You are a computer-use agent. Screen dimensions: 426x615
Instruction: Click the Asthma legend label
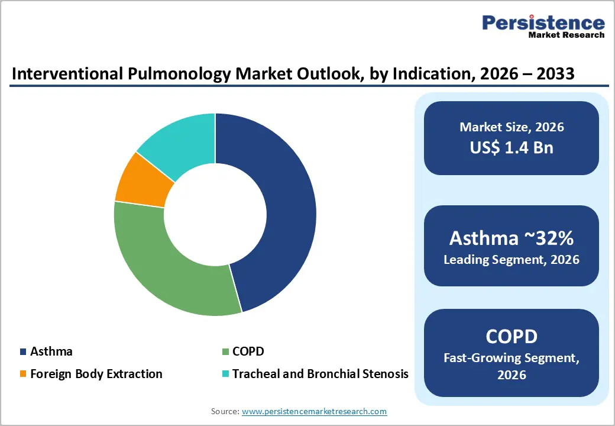click(51, 351)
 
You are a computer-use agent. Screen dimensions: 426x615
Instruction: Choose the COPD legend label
click(248, 351)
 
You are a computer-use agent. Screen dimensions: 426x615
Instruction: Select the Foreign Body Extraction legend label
click(96, 374)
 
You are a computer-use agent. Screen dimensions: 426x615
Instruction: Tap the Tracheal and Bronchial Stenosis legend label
click(320, 374)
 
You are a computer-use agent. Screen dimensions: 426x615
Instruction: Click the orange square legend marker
click(23, 374)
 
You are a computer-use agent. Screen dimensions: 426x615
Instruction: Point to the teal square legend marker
click(225, 374)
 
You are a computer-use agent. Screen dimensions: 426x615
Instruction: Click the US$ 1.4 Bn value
click(512, 147)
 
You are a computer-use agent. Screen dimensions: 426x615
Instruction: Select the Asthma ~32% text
click(512, 238)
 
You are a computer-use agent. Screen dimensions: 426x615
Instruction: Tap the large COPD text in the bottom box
click(512, 336)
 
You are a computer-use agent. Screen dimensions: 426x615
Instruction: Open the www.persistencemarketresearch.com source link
click(314, 411)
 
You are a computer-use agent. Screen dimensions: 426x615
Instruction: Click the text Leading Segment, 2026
click(512, 259)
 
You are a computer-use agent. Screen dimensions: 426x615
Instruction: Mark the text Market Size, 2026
click(512, 127)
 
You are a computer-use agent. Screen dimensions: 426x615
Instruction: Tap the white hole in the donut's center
click(215, 214)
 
